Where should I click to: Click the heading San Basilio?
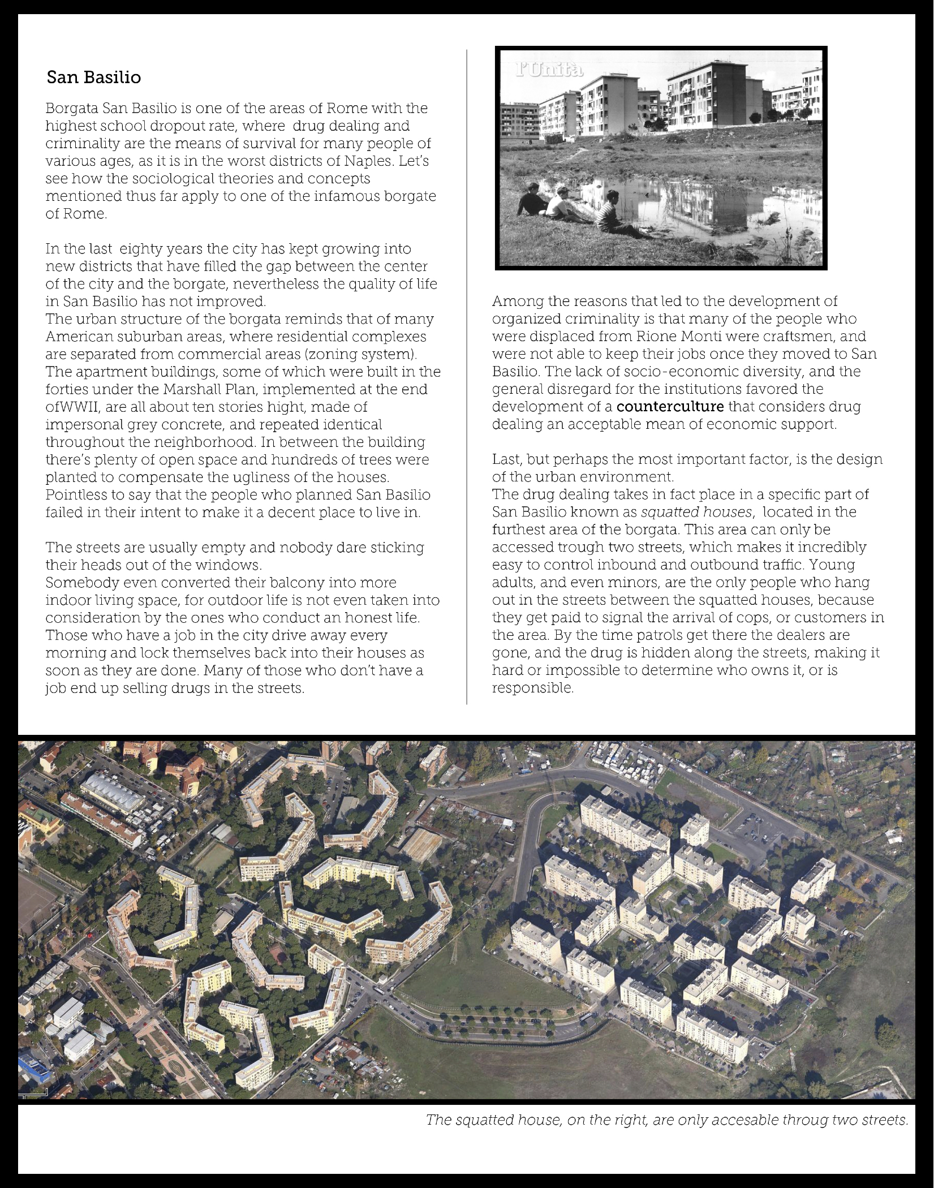(94, 78)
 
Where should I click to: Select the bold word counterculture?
(670, 407)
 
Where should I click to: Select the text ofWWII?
(72, 407)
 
